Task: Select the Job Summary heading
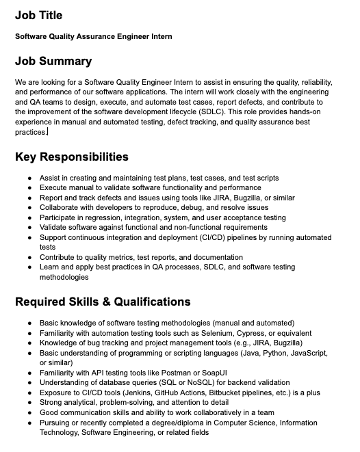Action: (x=53, y=61)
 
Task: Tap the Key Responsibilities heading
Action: (x=72, y=157)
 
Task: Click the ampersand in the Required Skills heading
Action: (x=103, y=302)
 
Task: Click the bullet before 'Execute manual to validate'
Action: (x=29, y=187)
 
